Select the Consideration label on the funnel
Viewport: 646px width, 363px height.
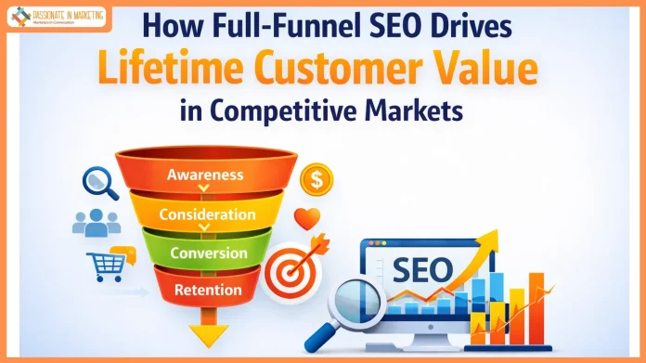point(207,214)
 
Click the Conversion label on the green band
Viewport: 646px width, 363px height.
point(209,253)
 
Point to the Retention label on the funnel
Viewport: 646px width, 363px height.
point(210,291)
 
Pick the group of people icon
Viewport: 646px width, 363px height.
point(97,222)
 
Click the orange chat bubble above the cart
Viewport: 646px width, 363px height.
point(119,249)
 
